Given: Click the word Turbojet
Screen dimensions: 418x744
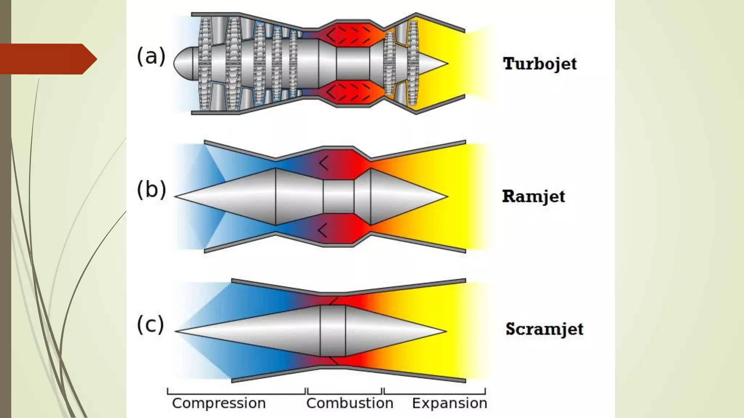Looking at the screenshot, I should [x=539, y=64].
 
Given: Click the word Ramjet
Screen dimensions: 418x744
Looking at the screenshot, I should [x=533, y=197].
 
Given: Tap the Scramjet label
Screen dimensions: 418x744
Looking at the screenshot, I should [x=544, y=329].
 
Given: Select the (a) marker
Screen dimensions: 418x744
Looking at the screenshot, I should [x=151, y=57].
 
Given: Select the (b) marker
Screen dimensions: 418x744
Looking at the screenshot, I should [x=151, y=189].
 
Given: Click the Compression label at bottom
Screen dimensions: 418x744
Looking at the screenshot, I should [x=219, y=403].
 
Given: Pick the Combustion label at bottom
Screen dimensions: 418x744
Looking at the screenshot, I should [x=349, y=403].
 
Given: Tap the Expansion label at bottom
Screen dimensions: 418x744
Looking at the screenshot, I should [x=449, y=403].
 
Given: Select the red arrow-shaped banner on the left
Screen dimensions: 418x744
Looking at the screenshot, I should [x=45, y=59].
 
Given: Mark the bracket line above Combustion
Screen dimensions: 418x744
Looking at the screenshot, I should [x=344, y=393].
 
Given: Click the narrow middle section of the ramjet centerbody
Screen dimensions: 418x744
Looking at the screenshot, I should [x=338, y=196].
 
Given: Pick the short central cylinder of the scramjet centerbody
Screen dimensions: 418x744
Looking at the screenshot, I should [x=332, y=331].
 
